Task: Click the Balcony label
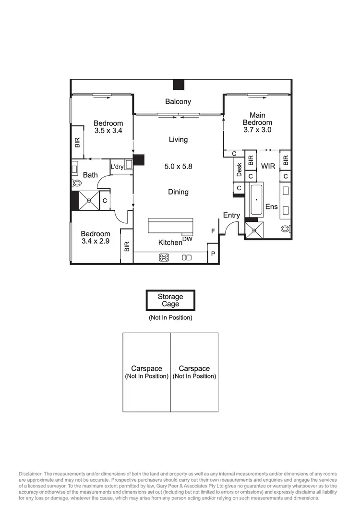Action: pyautogui.click(x=178, y=101)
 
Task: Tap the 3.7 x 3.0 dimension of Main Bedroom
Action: pyautogui.click(x=261, y=130)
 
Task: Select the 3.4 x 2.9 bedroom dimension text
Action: pyautogui.click(x=96, y=241)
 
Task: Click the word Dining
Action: pyautogui.click(x=178, y=192)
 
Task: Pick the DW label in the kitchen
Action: pyautogui.click(x=187, y=239)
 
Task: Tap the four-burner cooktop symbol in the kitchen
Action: pyautogui.click(x=164, y=257)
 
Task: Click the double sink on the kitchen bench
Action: pyautogui.click(x=187, y=257)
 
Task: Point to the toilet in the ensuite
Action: pyautogui.click(x=286, y=229)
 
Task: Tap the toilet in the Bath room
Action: pyautogui.click(x=77, y=183)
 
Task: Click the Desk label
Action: pyautogui.click(x=239, y=169)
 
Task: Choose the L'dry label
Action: pyautogui.click(x=117, y=167)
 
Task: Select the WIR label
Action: pyautogui.click(x=268, y=166)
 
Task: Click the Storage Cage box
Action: pyautogui.click(x=170, y=301)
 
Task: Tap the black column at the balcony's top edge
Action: pyautogui.click(x=179, y=85)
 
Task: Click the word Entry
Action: pyautogui.click(x=231, y=216)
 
